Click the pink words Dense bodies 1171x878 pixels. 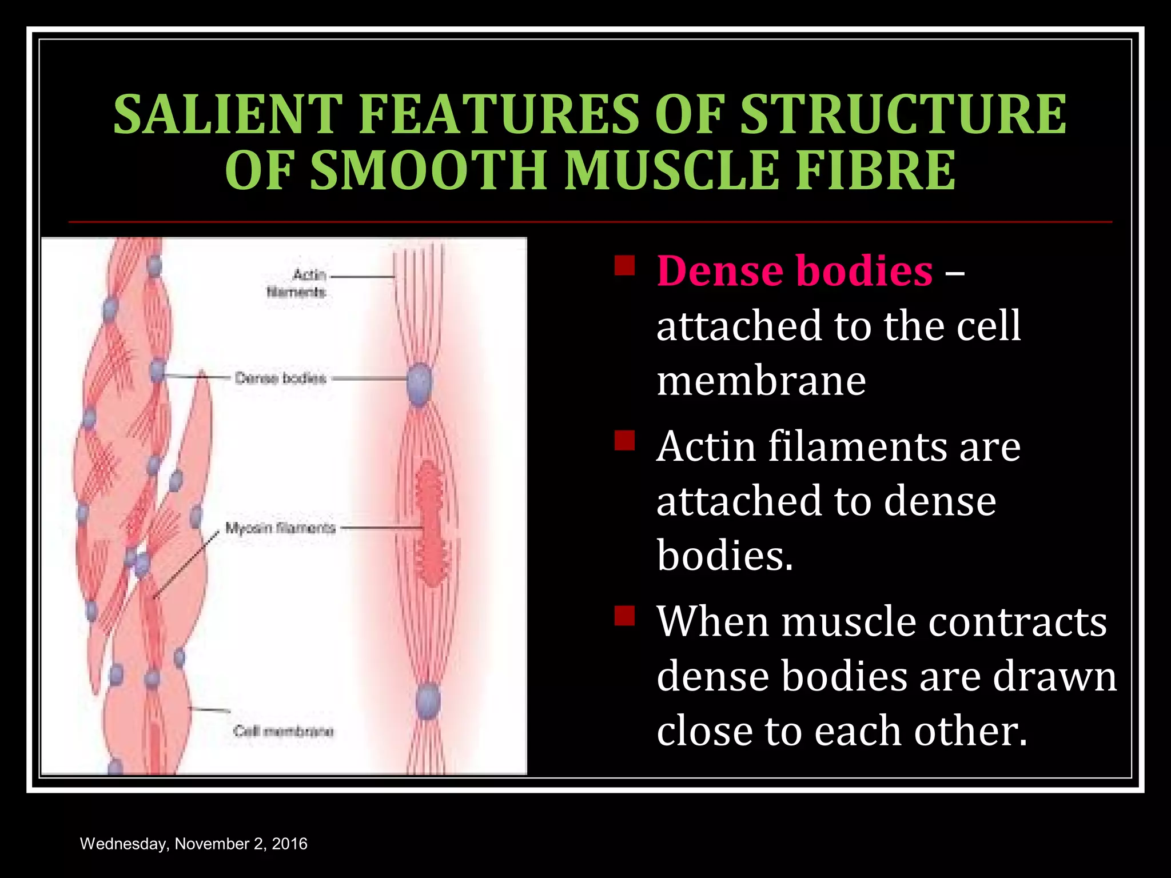click(794, 271)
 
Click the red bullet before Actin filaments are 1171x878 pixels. click(624, 441)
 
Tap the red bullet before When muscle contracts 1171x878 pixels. click(624, 616)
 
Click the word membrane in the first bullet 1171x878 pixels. click(760, 381)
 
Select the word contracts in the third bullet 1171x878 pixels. click(1017, 622)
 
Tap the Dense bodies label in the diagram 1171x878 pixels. click(280, 378)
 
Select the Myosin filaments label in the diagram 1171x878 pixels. click(280, 528)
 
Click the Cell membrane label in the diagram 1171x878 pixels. click(283, 731)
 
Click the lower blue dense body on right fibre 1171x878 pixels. click(427, 701)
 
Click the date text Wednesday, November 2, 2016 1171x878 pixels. click(193, 844)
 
